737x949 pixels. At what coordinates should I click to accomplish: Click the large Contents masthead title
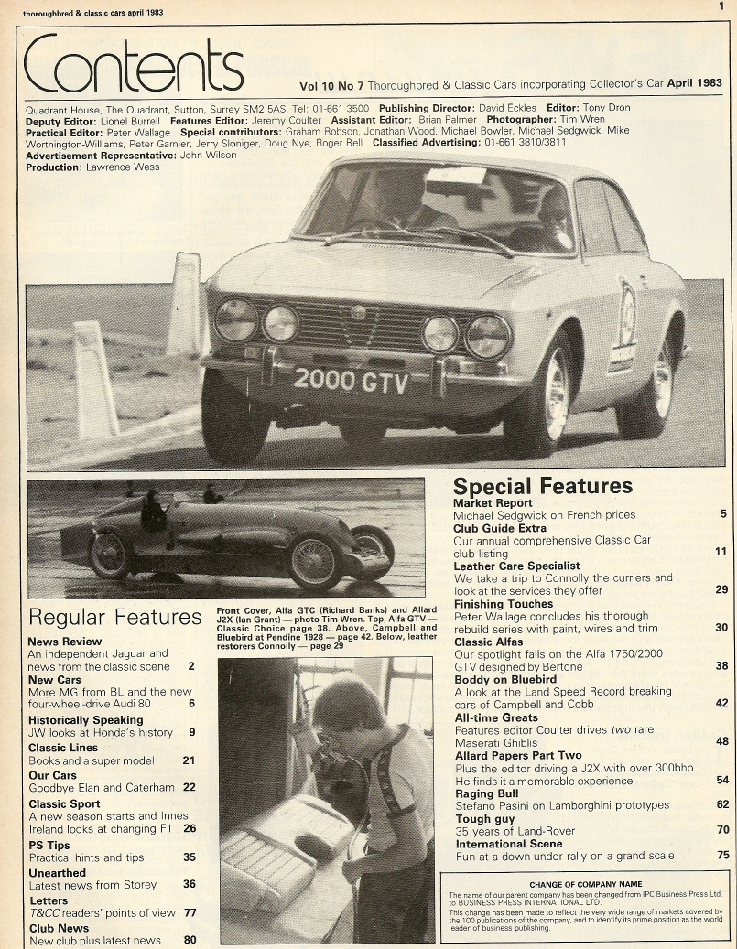click(x=134, y=67)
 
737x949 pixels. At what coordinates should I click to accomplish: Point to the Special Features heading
click(x=543, y=486)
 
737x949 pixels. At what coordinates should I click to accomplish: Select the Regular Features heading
click(x=115, y=617)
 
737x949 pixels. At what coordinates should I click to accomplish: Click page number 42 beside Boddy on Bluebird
click(x=721, y=704)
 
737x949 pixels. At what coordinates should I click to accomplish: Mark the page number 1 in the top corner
click(x=721, y=6)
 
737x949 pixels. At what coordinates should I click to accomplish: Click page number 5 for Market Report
click(x=723, y=514)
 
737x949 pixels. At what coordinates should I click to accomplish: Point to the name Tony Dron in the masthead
click(x=607, y=107)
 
